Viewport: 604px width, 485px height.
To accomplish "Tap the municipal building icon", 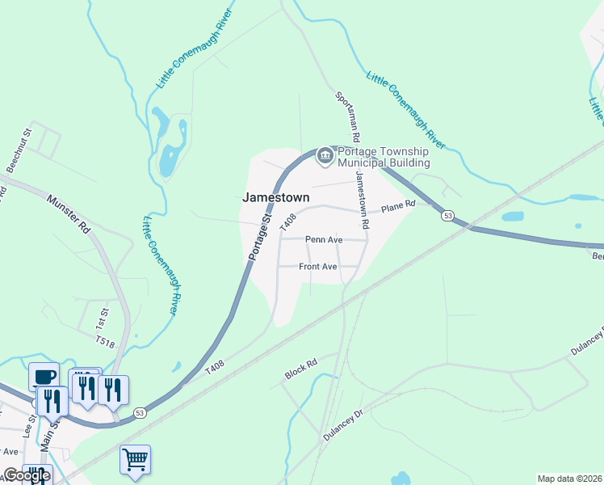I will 325,155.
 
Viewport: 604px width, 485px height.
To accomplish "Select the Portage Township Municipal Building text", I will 383,157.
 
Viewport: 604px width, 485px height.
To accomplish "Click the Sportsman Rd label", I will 348,117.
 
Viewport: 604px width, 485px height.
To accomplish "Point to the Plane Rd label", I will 397,208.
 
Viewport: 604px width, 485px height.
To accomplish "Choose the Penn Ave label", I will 323,240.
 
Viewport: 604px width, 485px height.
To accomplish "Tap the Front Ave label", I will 317,267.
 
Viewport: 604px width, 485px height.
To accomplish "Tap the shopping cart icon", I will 135,459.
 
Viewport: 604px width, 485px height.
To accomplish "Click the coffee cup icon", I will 44,376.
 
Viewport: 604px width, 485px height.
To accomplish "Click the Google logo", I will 27,475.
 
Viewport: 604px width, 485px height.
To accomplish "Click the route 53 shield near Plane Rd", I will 447,215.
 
